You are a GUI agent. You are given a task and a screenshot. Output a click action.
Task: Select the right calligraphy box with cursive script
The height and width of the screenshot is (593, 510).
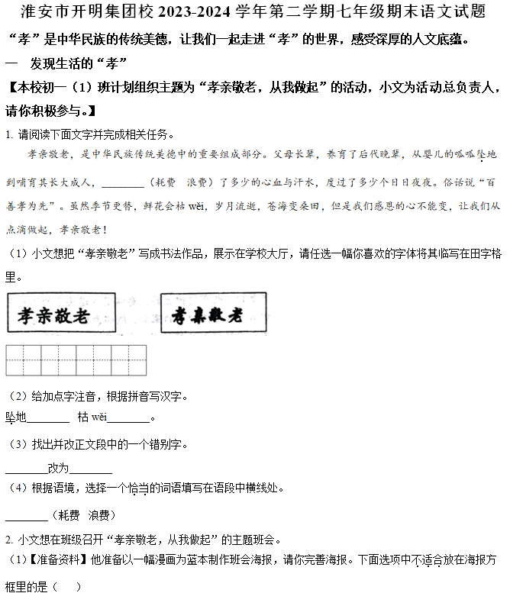[214, 314]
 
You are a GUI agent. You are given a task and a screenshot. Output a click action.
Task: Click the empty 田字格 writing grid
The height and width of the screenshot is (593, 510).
[76, 361]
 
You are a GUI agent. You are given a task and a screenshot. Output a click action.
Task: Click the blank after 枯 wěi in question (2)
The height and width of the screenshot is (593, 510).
[128, 418]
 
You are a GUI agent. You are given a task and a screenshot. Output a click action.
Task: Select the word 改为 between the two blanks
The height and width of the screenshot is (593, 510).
[58, 469]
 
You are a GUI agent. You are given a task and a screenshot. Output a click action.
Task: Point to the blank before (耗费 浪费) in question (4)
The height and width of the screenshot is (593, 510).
[26, 517]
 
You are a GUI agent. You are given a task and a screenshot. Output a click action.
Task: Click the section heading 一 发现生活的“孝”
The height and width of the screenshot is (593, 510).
[66, 62]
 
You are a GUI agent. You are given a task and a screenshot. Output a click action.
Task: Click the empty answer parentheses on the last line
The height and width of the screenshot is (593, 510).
[66, 585]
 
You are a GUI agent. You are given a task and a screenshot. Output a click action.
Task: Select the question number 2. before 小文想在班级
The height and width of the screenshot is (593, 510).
[8, 540]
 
